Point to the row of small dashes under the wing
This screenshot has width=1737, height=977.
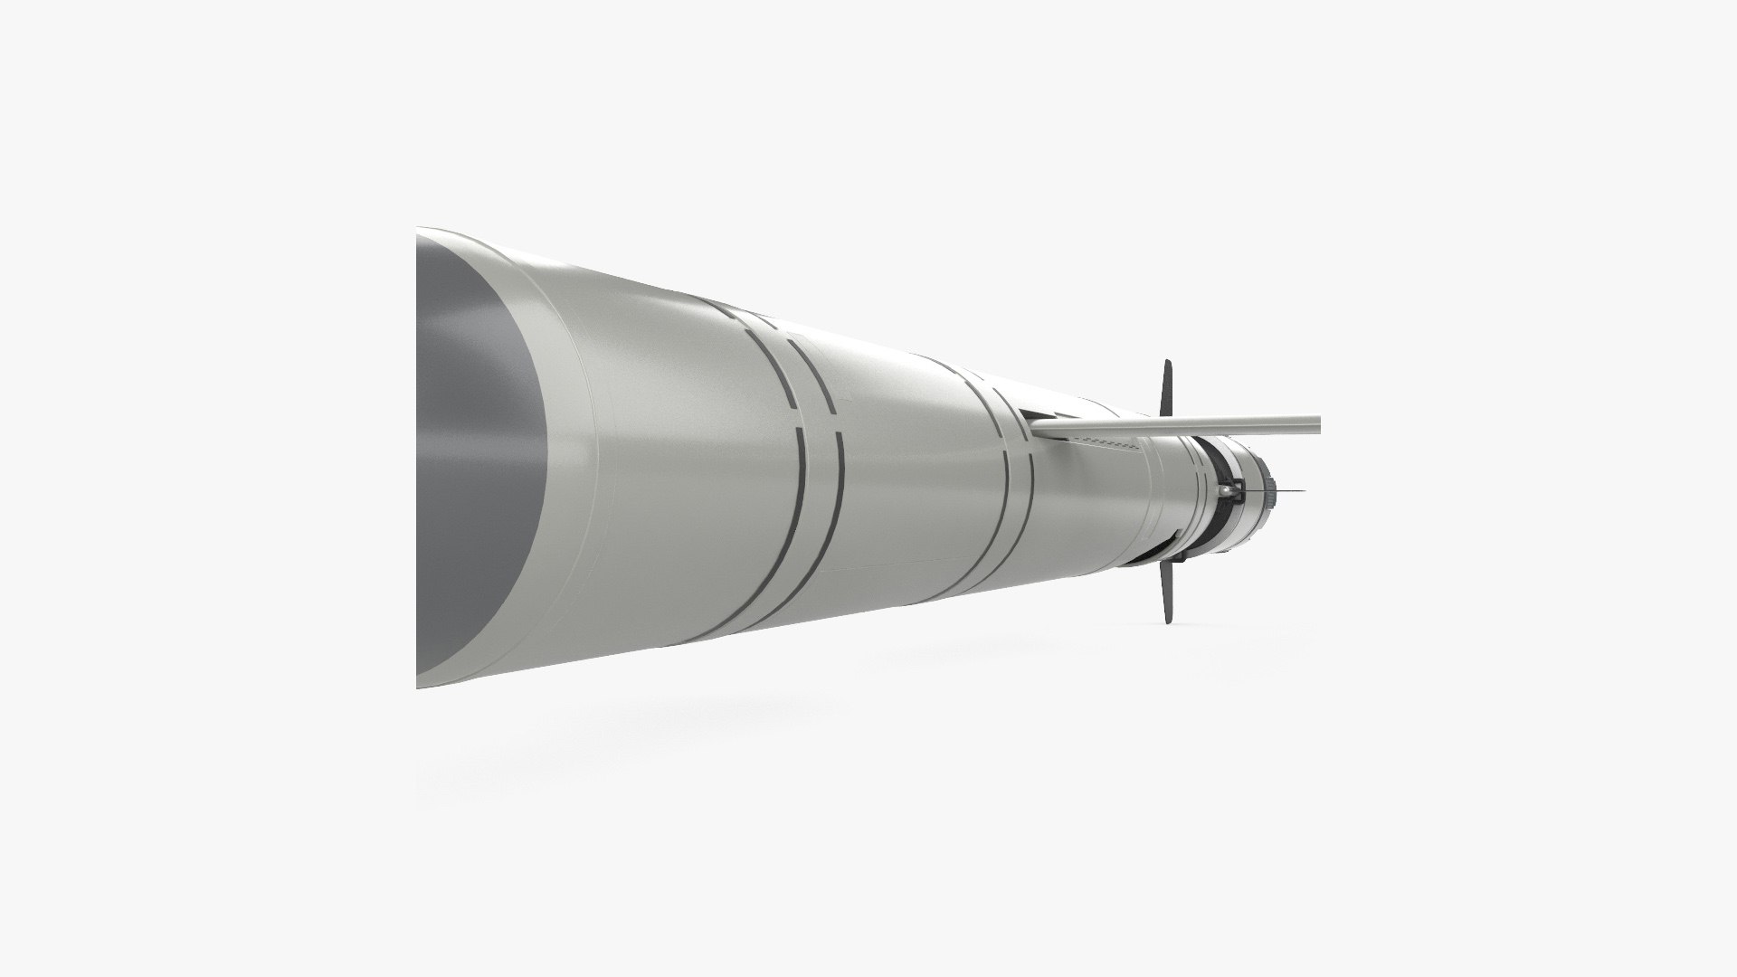tap(1109, 441)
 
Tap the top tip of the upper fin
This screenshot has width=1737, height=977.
tap(1169, 363)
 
